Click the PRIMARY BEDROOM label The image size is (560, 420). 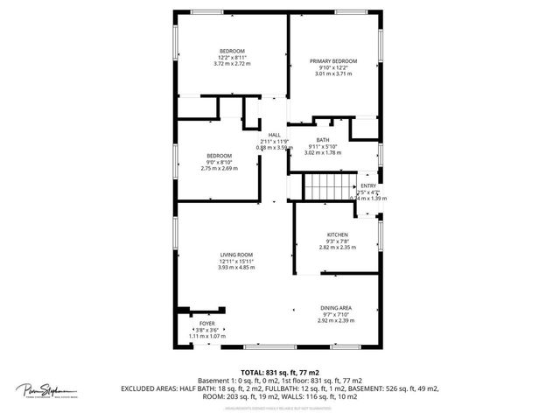[332, 61]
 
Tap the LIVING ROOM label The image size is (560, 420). [236, 255]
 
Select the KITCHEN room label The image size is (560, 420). [338, 234]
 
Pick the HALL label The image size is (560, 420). [274, 134]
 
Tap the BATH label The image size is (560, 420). [323, 140]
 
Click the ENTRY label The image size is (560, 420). [367, 185]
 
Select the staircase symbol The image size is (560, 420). [326, 186]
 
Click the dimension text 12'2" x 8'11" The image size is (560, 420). [232, 58]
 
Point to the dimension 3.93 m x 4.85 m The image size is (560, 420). [236, 267]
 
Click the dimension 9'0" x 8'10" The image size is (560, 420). [220, 162]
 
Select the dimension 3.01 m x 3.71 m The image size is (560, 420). [332, 74]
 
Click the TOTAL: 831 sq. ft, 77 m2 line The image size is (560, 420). [279, 372]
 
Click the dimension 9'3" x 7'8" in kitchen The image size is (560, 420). [338, 241]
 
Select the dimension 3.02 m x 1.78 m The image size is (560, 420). [323, 153]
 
